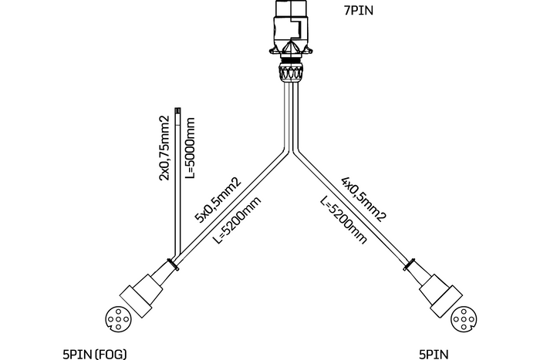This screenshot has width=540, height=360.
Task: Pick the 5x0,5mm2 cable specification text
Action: pos(218,200)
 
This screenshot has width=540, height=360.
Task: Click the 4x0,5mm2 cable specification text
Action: pos(363,200)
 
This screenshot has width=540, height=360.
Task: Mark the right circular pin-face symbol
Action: pos(463,318)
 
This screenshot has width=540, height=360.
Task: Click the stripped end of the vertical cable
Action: pos(177,115)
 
